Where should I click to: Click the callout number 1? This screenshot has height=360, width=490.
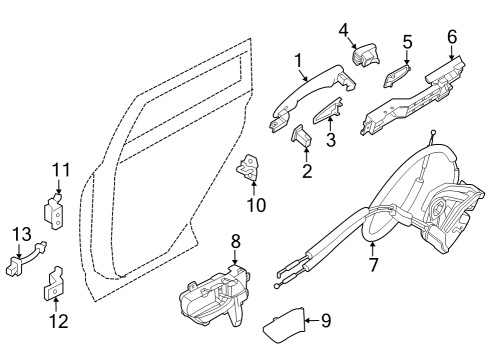pyautogui.click(x=298, y=61)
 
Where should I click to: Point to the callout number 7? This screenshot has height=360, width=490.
pyautogui.click(x=372, y=267)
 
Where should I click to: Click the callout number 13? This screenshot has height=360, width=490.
pyautogui.click(x=19, y=234)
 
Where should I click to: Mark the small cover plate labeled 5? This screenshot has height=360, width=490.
pyautogui.click(x=396, y=78)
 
